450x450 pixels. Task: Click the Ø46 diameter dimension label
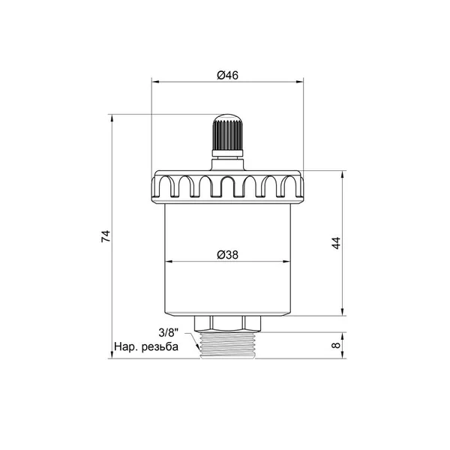pos(227,75)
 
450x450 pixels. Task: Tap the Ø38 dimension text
pos(227,254)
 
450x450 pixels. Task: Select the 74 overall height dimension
pos(106,236)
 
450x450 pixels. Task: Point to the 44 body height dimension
pos(336,243)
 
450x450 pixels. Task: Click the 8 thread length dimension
pos(335,345)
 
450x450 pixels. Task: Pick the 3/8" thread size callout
pos(169,333)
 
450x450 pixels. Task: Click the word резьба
pos(160,347)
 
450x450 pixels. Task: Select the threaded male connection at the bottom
pos(227,345)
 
